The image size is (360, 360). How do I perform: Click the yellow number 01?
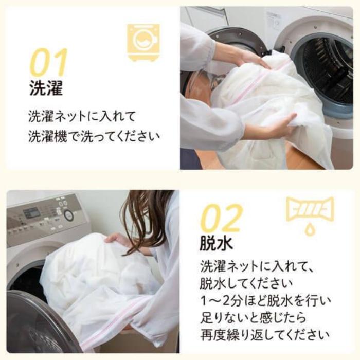click(x=48, y=62)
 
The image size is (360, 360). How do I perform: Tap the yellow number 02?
click(x=222, y=218)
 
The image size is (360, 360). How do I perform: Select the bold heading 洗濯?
click(x=46, y=88)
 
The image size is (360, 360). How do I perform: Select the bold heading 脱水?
click(x=217, y=243)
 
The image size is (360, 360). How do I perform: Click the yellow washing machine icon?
click(x=143, y=43)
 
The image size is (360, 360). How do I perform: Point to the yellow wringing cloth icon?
click(x=310, y=209)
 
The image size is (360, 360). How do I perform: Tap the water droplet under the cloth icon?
click(x=310, y=230)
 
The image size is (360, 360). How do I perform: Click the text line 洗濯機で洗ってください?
click(x=94, y=137)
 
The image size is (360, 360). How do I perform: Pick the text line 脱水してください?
click(x=246, y=284)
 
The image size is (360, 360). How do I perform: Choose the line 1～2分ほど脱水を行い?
click(x=266, y=301)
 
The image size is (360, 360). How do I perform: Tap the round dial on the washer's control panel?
click(x=68, y=215)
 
